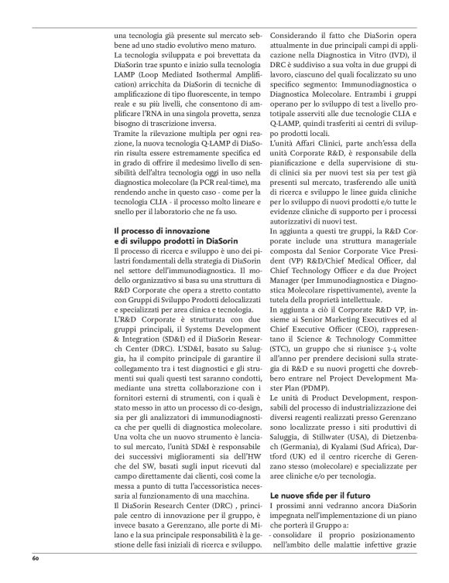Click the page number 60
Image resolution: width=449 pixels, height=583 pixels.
click(36, 557)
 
